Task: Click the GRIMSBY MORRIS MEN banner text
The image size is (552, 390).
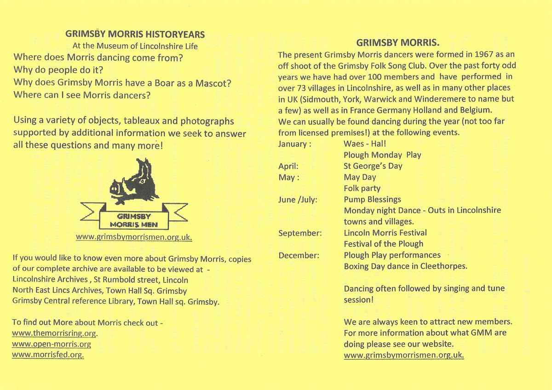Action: [133, 220]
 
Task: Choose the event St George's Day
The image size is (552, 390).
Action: [373, 166]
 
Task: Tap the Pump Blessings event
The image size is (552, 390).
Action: [372, 200]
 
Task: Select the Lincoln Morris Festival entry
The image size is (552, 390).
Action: [385, 233]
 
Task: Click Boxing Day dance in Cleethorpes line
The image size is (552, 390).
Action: [406, 266]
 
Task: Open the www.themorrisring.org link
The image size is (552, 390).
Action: [55, 333]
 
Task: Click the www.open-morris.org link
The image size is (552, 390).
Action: [52, 344]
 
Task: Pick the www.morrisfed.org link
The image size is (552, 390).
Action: [48, 355]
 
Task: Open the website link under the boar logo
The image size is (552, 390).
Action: [133, 238]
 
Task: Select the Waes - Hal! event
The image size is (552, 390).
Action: [365, 144]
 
